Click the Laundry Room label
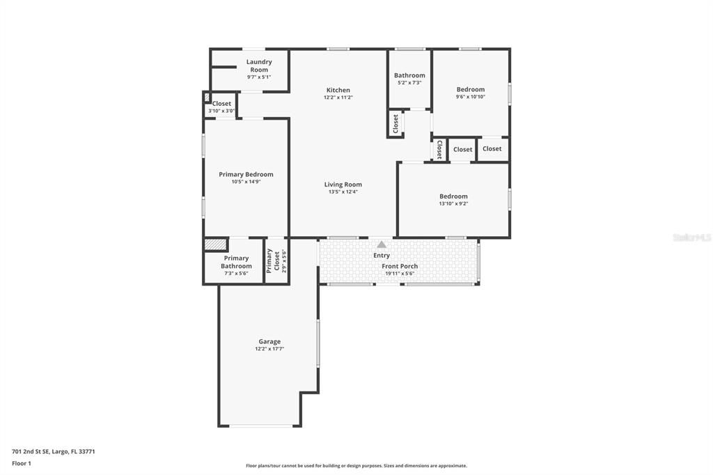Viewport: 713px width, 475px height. [x=259, y=65]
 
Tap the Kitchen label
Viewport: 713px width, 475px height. [x=338, y=90]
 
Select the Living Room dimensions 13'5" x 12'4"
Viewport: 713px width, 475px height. [x=343, y=192]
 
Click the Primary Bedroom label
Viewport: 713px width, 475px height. [x=246, y=174]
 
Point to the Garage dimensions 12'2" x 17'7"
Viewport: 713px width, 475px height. [x=269, y=349]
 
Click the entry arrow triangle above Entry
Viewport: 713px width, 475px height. [x=382, y=244]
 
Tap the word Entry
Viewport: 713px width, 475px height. [x=382, y=256]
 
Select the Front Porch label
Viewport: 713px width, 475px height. [x=400, y=266]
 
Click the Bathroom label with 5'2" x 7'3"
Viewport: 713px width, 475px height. [x=409, y=75]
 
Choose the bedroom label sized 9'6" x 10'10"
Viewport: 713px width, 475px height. [x=471, y=89]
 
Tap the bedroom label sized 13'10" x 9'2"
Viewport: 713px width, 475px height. [x=453, y=196]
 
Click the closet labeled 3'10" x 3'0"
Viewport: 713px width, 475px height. [x=221, y=104]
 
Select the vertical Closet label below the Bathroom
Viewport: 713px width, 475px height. [x=395, y=124]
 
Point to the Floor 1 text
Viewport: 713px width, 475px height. [x=22, y=463]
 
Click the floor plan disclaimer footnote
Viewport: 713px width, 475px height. [x=356, y=466]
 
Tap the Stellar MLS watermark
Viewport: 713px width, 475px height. [x=691, y=238]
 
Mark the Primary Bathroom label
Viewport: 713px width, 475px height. [x=237, y=262]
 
